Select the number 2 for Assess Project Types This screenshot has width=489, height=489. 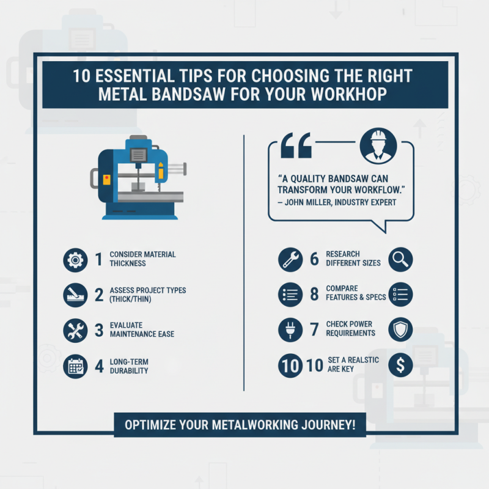98,295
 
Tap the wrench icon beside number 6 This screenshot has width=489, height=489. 290,259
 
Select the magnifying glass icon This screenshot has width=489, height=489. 401,259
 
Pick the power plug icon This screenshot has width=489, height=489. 290,330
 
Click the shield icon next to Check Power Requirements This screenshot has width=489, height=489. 401,329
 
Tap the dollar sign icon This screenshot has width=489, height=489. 401,366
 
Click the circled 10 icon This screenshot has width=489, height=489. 290,366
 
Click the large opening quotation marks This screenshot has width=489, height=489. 296,147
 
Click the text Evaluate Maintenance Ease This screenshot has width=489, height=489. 142,330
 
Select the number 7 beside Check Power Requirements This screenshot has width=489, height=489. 314,330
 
